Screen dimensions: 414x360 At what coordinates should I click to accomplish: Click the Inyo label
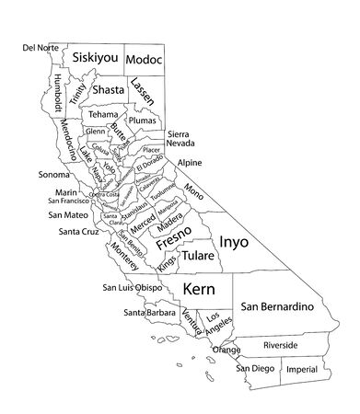coord(233,241)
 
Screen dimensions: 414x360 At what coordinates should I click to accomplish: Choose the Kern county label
coord(199,289)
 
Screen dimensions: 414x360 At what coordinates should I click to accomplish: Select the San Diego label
coord(254,369)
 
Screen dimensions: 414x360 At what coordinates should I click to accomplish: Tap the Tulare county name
coord(199,256)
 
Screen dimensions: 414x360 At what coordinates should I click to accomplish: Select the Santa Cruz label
coord(78,231)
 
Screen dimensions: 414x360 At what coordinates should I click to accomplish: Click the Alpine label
coord(190,163)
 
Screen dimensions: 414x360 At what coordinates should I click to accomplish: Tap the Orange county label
coord(226,350)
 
